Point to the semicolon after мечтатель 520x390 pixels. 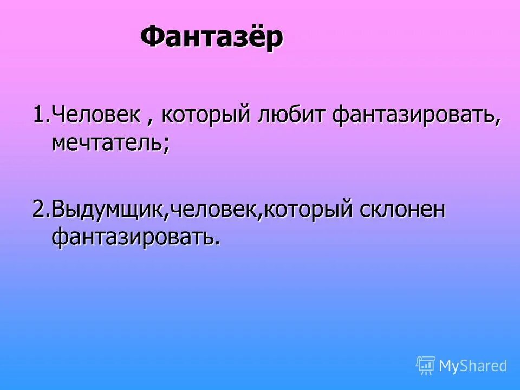point(166,145)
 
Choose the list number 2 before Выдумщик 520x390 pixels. point(38,210)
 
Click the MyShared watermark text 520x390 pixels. point(473,366)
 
